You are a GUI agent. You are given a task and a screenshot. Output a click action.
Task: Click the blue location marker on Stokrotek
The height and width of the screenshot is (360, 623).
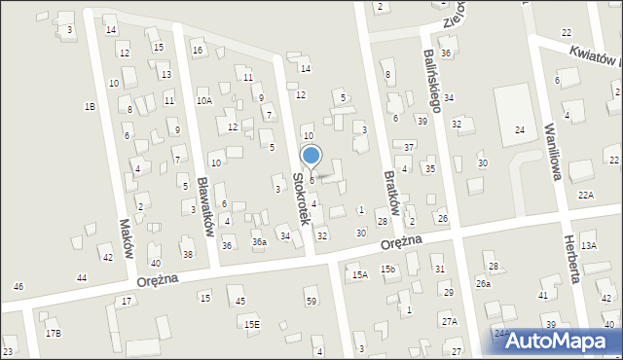[x=311, y=156]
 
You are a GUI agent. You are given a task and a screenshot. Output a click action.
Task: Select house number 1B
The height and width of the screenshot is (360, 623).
[x=90, y=106]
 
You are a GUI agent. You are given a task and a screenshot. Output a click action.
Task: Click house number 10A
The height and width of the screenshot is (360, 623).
[x=204, y=99]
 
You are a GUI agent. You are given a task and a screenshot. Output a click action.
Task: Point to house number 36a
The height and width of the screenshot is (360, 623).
[x=259, y=241]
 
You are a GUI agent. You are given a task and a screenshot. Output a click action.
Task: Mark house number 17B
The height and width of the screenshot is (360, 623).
[x=53, y=334]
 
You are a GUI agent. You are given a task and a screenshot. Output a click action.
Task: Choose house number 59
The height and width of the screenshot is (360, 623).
[x=311, y=302]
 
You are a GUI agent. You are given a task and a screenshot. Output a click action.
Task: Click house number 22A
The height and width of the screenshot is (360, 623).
[x=585, y=196]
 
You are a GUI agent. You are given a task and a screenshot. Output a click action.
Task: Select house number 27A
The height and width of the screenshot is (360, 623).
[x=449, y=321]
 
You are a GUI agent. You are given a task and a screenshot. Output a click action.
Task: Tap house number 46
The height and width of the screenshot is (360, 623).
[x=18, y=287]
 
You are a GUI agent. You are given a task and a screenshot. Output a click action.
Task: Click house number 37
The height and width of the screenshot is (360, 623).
[x=410, y=147]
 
